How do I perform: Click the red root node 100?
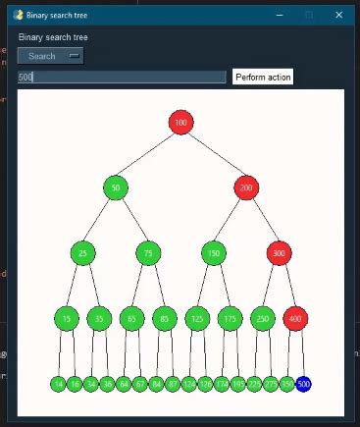pos(180,122)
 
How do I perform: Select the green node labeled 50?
pos(116,187)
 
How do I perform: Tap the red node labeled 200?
pos(246,187)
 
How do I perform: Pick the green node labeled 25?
pos(83,252)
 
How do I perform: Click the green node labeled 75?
pos(148,252)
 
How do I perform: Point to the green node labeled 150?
pos(214,252)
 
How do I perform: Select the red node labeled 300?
pos(279,252)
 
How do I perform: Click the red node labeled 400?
pos(294,318)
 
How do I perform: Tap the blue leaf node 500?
pos(303,383)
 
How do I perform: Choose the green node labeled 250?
pos(262,318)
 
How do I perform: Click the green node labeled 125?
pos(197,318)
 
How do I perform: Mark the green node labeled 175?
pos(230,318)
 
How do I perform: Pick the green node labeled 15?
pos(67,318)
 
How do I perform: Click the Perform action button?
pos(262,77)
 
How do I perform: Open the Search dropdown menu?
pos(50,56)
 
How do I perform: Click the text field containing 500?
pos(122,77)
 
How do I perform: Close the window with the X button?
pos(338,15)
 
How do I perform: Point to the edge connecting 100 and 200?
pos(213,154)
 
